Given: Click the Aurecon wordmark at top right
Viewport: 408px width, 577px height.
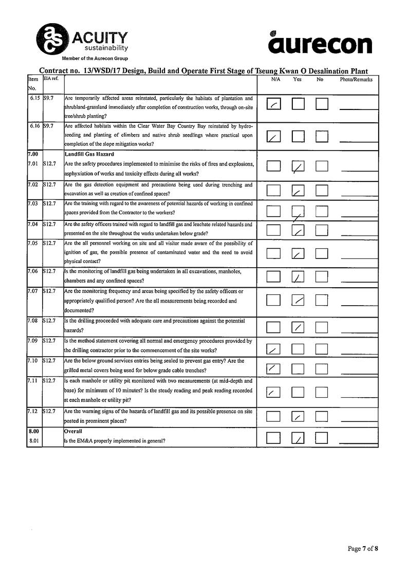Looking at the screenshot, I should coord(320,43).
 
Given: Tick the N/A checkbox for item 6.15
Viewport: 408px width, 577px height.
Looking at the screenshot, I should coord(274,104).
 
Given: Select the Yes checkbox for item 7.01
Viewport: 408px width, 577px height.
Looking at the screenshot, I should coord(298,166).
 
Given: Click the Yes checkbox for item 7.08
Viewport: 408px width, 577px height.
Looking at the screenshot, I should coord(298,327).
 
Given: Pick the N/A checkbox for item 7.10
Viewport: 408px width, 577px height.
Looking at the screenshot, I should coord(274,368).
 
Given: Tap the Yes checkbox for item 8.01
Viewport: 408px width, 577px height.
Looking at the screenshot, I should coord(298,438).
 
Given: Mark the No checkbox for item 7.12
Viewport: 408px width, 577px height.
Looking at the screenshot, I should coord(322,417).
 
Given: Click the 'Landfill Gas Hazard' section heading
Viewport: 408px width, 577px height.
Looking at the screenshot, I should coord(89,154).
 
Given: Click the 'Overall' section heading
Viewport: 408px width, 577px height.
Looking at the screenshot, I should coord(74,431).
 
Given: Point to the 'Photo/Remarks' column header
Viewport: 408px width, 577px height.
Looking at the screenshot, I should coord(356,80).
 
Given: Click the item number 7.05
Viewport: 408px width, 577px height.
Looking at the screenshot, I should coord(34,244).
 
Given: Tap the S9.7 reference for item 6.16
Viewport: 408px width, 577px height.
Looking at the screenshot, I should coord(49,126).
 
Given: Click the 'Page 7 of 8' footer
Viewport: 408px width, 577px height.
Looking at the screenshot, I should coord(363,548).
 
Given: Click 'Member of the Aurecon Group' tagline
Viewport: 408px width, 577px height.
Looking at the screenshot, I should coord(95,59).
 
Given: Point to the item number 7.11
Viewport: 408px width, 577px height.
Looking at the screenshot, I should coord(34,381).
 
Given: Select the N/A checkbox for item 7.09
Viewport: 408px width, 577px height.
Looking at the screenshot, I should coord(274,349).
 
